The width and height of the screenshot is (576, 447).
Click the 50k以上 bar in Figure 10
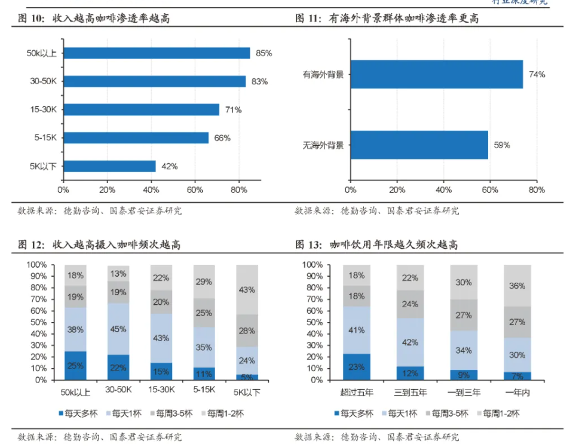point(157,53)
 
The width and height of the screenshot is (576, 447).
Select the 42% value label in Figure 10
point(169,166)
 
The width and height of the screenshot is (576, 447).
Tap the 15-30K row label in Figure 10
point(44,109)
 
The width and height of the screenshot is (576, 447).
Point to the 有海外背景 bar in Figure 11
point(436,74)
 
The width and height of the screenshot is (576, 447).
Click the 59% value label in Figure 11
point(502,145)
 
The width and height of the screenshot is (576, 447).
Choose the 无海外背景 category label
point(323,145)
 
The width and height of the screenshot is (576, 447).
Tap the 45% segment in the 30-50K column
point(118,329)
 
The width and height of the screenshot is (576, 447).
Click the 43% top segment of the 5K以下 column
point(247,289)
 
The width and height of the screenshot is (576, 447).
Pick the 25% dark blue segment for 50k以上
point(76,365)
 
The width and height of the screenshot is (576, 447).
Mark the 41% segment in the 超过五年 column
point(357,330)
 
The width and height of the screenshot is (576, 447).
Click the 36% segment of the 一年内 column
point(517,286)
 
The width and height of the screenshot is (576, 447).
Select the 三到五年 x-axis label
point(410,393)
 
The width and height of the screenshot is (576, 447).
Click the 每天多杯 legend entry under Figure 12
point(74,413)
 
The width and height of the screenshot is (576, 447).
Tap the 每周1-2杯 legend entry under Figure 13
point(497,413)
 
